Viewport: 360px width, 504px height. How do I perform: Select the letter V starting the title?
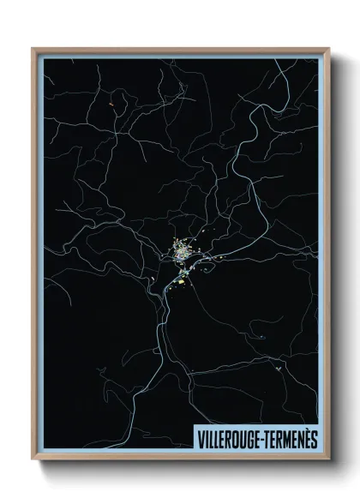201,439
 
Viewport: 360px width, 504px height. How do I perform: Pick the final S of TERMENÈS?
314,439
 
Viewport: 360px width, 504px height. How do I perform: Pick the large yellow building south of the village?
183,280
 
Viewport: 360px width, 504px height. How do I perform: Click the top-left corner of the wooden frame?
33,49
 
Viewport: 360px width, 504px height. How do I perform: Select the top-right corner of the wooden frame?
328,49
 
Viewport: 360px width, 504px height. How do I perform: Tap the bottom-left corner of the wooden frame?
33,460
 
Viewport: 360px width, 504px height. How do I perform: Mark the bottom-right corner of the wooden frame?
328,460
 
